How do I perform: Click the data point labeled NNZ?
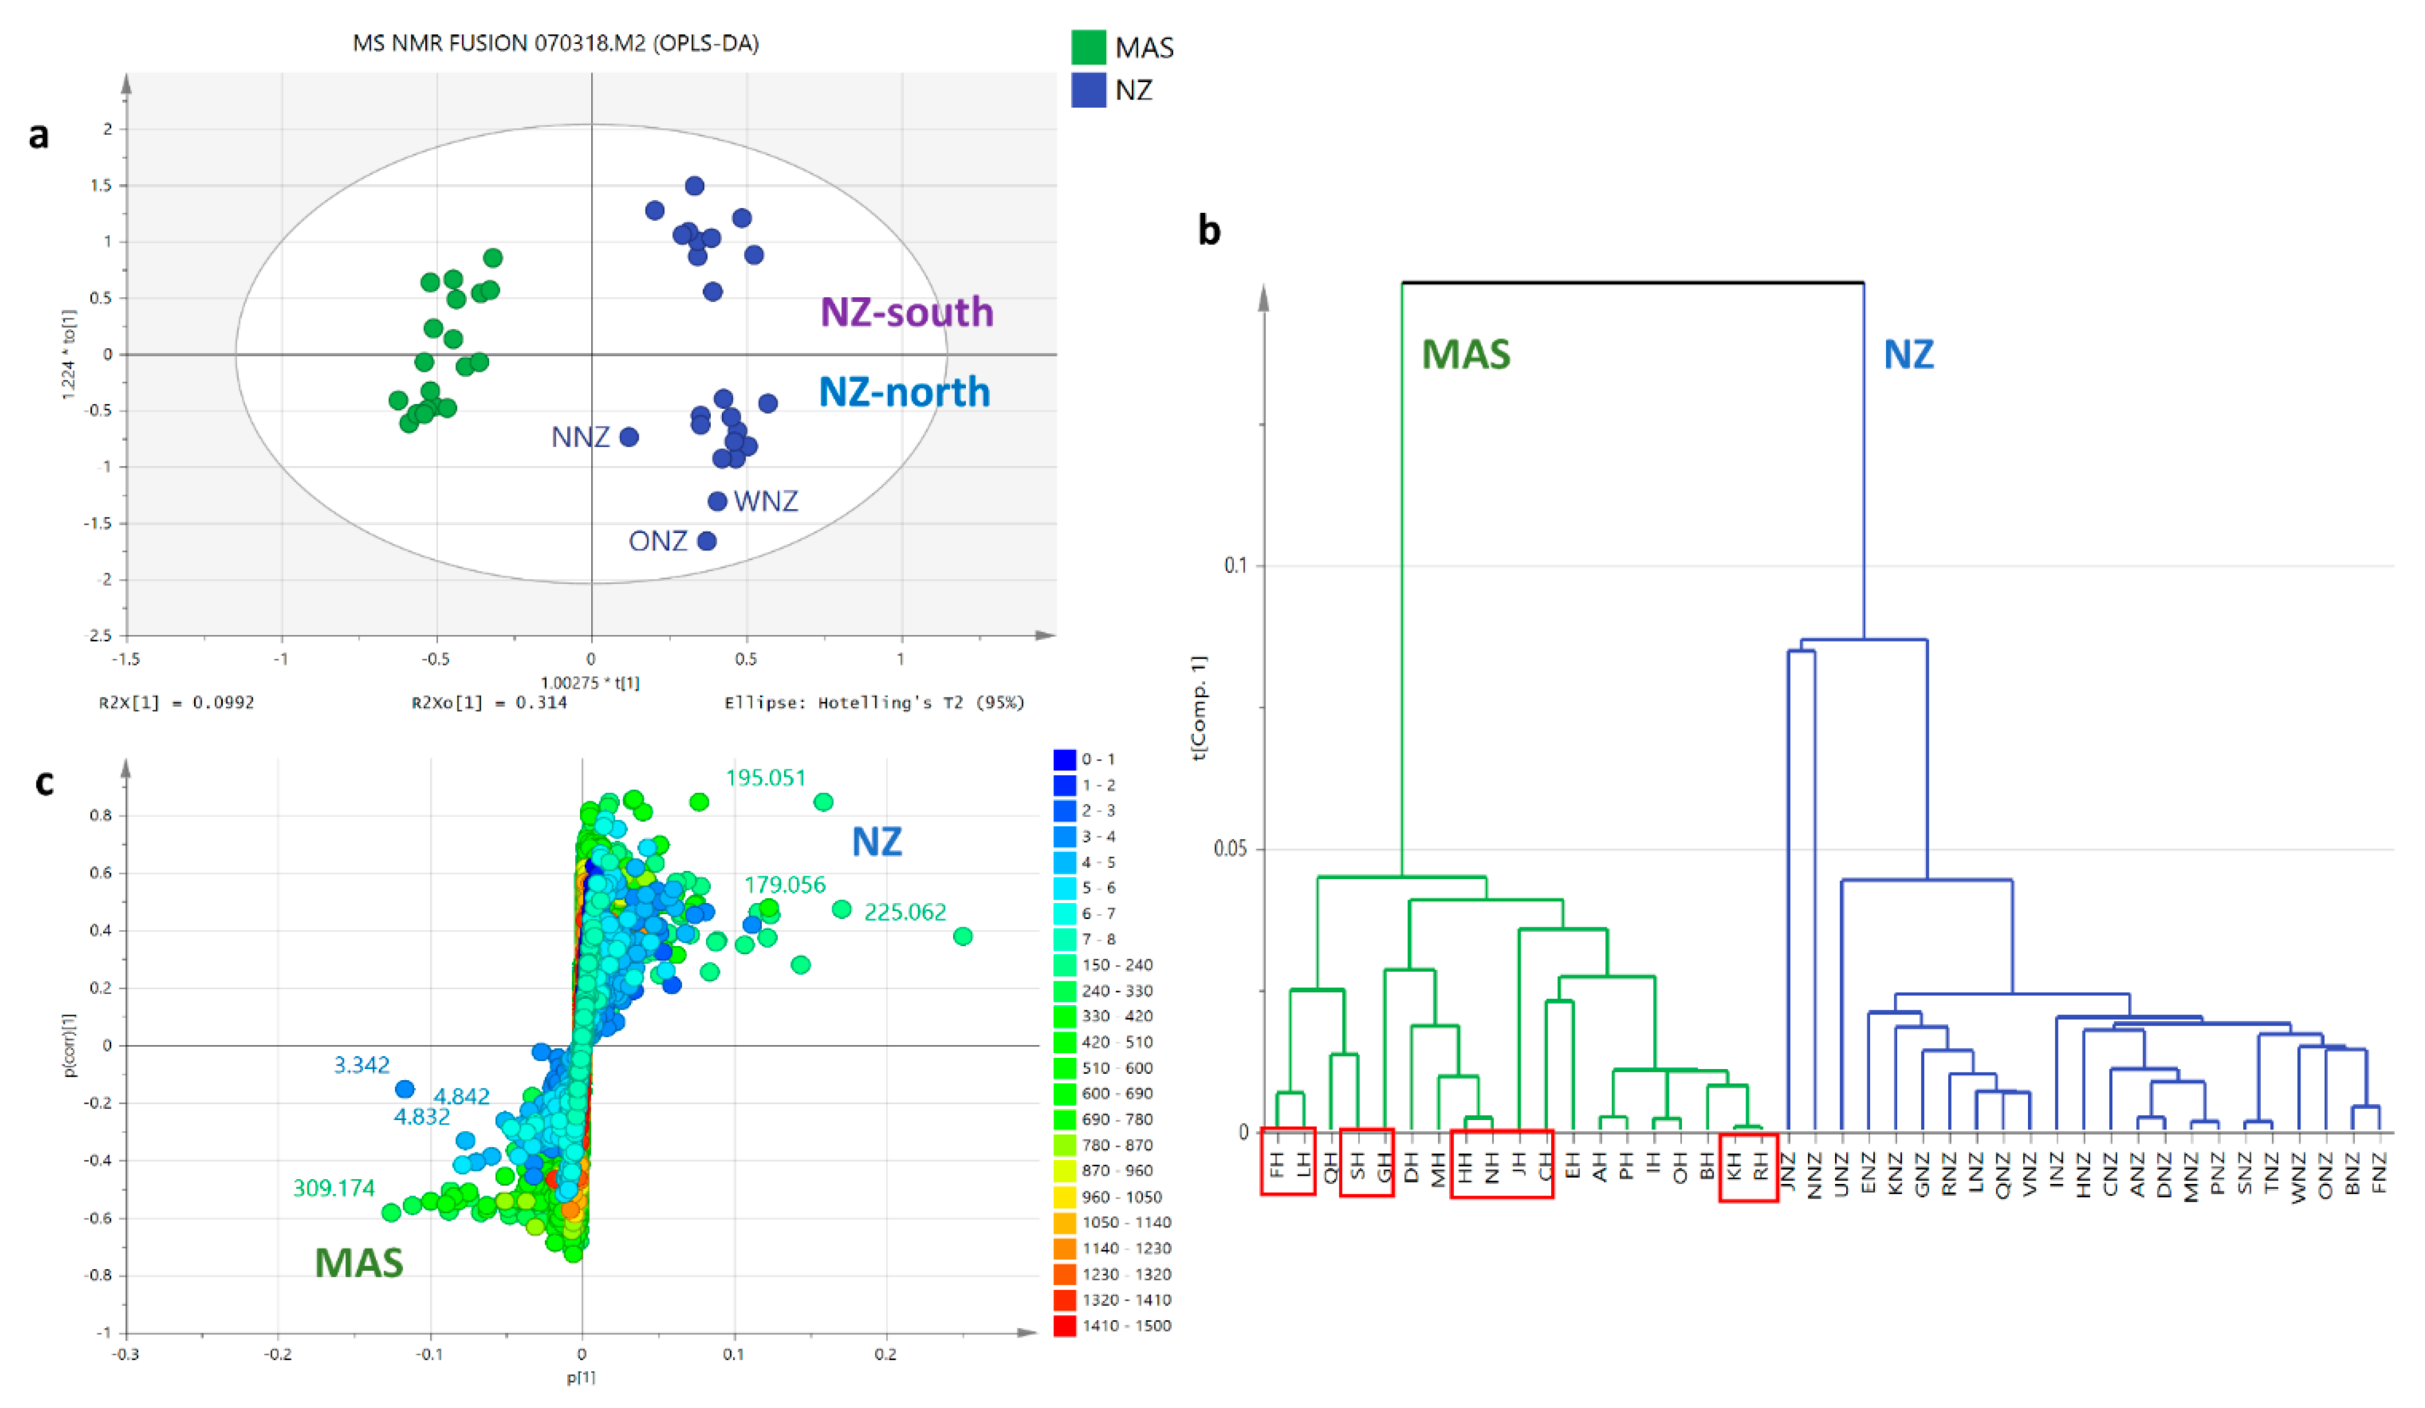[x=628, y=437]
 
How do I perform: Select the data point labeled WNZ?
[x=717, y=501]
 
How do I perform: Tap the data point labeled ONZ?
[x=706, y=541]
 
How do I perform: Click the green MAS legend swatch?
[x=1088, y=47]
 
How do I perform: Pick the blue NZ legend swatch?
[x=1088, y=90]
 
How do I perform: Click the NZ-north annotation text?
[x=904, y=392]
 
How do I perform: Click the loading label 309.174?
[x=333, y=1188]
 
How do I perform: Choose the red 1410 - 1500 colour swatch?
[x=1064, y=1325]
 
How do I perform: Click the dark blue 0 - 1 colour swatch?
[x=1064, y=759]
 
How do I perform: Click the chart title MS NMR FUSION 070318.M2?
[x=555, y=43]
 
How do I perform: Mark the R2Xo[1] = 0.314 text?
[x=489, y=703]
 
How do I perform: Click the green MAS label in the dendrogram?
[x=1466, y=354]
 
